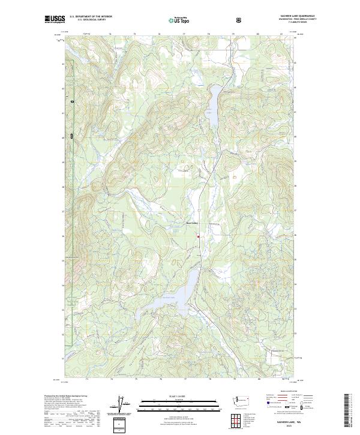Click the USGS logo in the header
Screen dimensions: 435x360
(55, 20)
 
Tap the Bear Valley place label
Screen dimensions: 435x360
(191, 225)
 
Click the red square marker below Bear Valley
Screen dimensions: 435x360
(198, 236)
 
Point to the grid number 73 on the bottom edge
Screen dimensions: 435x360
(87, 379)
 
